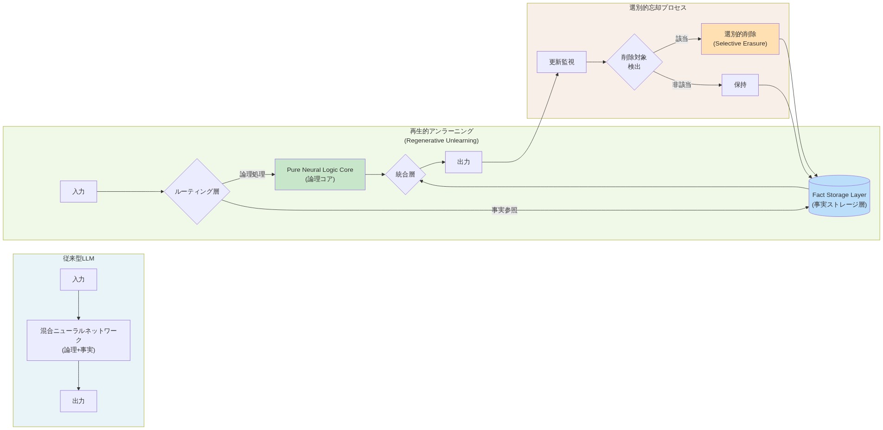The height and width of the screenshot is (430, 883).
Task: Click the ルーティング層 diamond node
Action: pos(197,191)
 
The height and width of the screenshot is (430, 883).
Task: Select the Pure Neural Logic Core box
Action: pos(320,175)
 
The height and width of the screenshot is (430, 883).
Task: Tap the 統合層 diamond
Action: pos(405,175)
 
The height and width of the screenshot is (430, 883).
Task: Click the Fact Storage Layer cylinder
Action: pos(838,197)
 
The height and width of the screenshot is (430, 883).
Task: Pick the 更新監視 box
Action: pos(561,62)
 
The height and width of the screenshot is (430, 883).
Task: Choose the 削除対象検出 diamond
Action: pos(634,62)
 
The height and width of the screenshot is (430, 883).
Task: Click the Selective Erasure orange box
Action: pos(740,39)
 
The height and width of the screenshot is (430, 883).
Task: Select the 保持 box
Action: pos(740,85)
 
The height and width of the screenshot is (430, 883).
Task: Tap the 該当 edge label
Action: pos(681,39)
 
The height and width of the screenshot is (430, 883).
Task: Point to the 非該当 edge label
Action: pos(681,85)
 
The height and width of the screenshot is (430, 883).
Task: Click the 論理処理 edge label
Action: pos(252,175)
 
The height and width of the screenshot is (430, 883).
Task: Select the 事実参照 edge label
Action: pos(504,210)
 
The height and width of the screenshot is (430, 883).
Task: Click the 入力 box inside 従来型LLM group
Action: pos(78,280)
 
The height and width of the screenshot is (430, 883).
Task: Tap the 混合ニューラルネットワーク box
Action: pos(78,340)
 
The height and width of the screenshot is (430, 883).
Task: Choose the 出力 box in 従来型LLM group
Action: pos(78,401)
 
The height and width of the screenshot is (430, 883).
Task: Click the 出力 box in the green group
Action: pos(463,162)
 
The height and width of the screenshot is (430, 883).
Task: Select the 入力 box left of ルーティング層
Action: pos(78,191)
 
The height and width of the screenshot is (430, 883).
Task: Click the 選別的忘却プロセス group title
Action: pos(657,8)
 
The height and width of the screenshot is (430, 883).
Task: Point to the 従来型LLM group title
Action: pos(78,259)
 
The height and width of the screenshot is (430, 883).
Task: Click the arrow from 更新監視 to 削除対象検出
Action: pos(596,62)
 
